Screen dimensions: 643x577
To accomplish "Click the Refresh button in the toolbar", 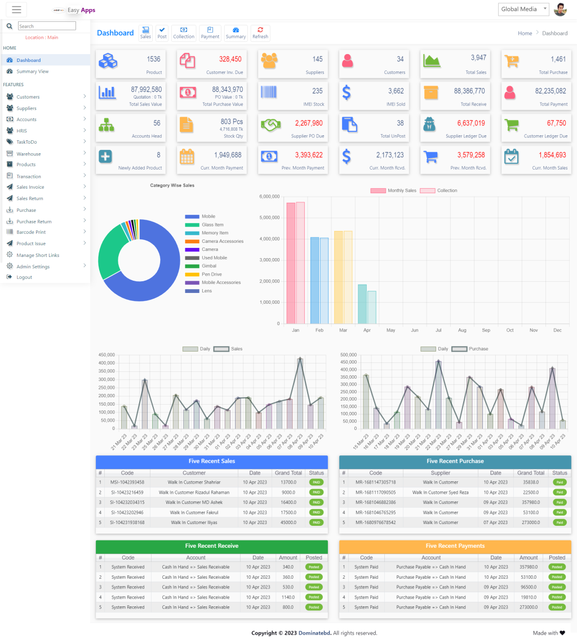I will coord(260,33).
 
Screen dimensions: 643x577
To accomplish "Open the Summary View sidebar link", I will coord(33,72).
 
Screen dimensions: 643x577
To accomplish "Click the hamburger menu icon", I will coord(16,10).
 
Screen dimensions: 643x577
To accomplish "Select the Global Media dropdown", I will coord(523,9).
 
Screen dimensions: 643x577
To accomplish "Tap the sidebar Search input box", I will coord(47,26).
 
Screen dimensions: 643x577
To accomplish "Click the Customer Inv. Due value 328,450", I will coord(230,59).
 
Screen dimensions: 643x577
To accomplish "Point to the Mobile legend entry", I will coord(208,216).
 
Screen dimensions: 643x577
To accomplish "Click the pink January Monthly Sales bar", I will coord(291,263).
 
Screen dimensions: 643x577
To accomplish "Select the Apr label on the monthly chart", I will coord(367,330).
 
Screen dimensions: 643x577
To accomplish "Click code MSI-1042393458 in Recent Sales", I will coord(127,482).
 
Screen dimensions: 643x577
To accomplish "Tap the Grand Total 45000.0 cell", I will coord(288,522).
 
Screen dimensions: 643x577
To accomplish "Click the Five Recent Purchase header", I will coord(455,461).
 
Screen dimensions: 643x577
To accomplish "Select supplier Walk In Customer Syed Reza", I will coord(440,493).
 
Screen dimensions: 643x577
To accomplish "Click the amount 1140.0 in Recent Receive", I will coord(288,597).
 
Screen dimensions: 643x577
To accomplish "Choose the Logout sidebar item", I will coord(24,277).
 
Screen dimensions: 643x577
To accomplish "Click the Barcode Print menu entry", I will coord(31,232).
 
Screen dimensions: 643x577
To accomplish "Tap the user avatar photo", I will coord(560,10).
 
